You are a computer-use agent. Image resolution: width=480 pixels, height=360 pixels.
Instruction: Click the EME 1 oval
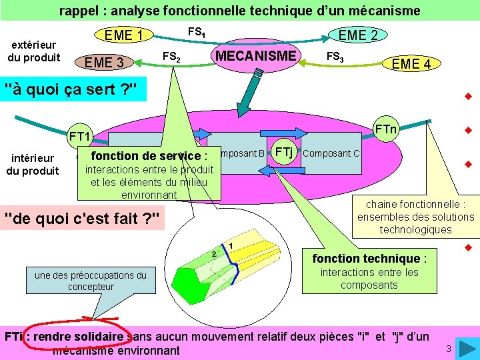click(124, 35)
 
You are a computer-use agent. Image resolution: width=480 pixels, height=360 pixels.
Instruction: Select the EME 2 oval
click(358, 35)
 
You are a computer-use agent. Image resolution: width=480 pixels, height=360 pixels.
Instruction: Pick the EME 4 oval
click(411, 64)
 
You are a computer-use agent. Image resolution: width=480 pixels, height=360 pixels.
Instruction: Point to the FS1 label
click(196, 31)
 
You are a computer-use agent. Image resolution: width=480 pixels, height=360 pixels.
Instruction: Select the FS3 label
click(334, 57)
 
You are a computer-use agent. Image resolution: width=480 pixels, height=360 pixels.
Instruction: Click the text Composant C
click(331, 153)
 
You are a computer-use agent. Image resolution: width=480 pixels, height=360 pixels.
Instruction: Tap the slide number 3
click(449, 349)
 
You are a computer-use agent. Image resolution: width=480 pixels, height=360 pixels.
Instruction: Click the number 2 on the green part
click(213, 254)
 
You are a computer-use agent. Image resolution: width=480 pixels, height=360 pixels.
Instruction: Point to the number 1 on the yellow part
click(230, 247)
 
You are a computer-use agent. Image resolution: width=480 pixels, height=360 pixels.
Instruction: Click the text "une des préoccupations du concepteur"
click(91, 281)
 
